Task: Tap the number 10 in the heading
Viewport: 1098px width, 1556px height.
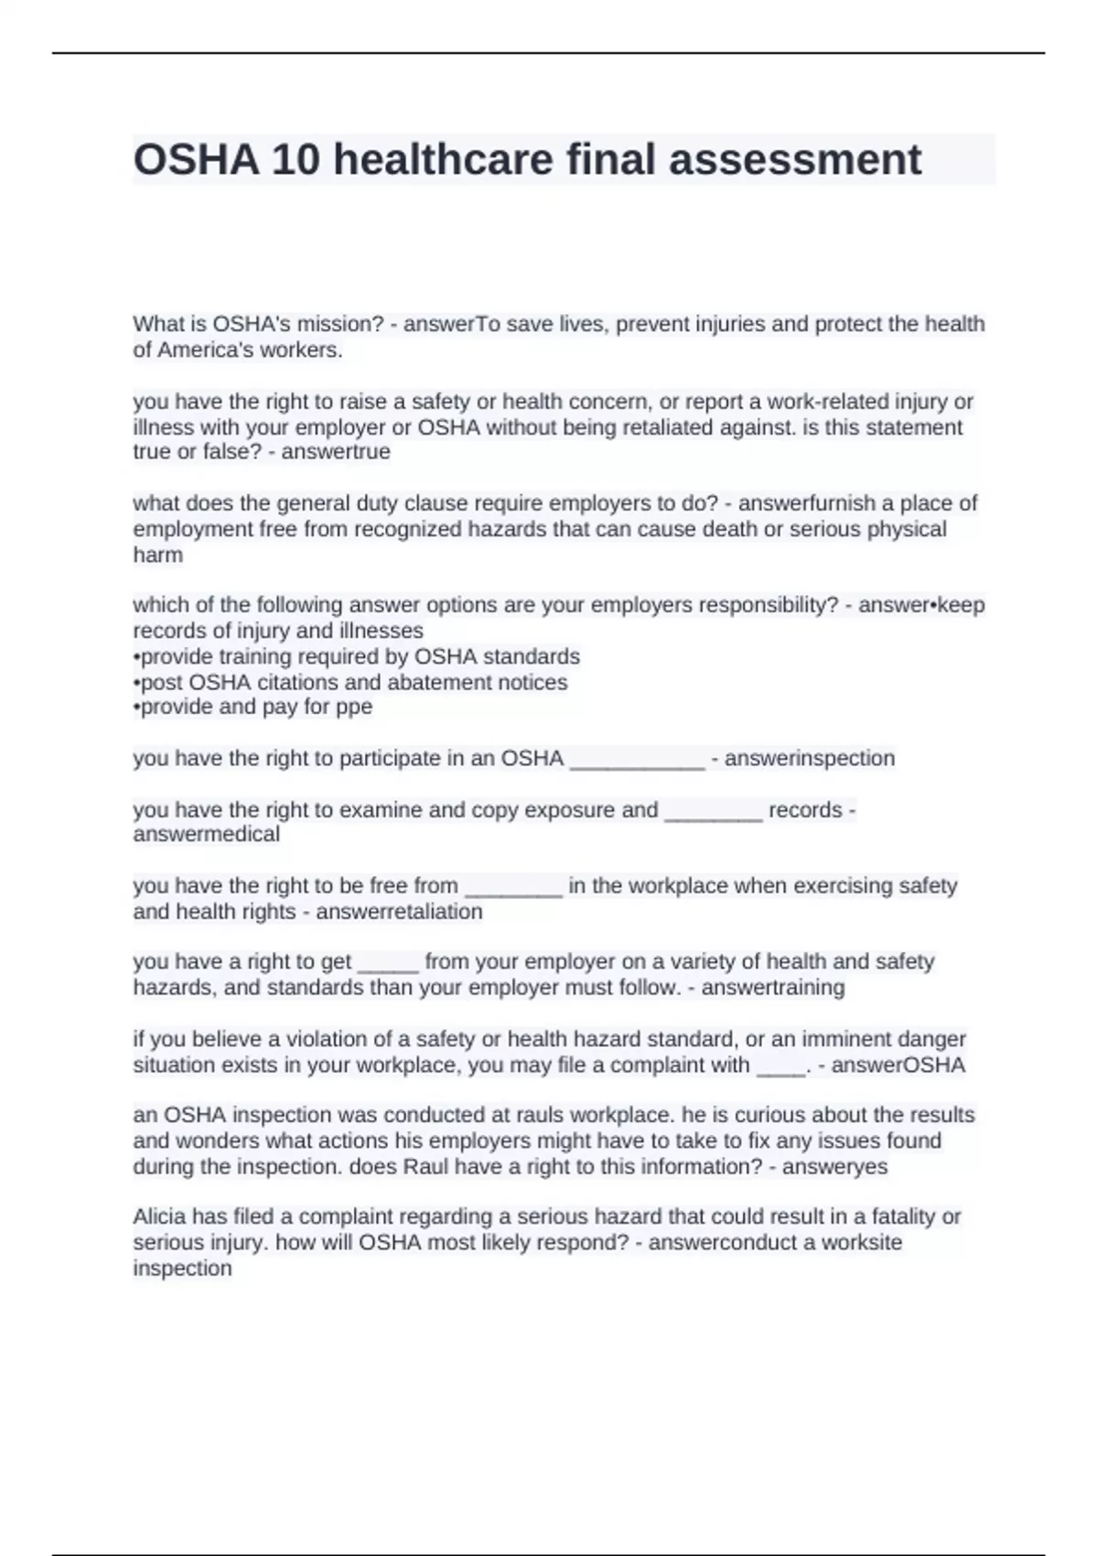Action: click(296, 160)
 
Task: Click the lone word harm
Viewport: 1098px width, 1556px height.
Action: click(157, 555)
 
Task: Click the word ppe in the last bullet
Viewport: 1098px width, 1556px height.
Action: click(353, 707)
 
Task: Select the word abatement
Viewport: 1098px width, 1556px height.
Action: click(476, 682)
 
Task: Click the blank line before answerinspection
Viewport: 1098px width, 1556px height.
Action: click(637, 760)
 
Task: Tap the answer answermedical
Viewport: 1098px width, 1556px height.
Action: click(206, 834)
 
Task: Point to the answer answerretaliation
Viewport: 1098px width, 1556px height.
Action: click(399, 912)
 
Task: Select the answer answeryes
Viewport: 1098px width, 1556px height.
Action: click(834, 1167)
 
